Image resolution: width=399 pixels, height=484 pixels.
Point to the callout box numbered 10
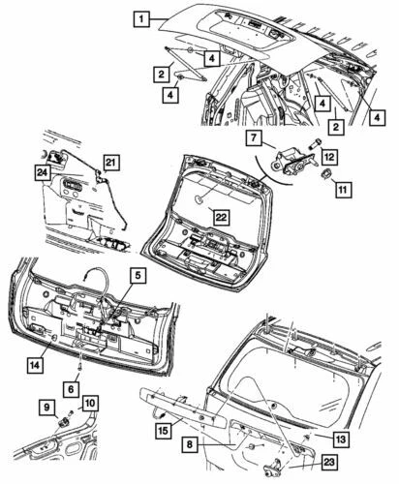(x=90, y=403)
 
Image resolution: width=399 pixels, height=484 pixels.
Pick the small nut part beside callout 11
(x=326, y=175)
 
